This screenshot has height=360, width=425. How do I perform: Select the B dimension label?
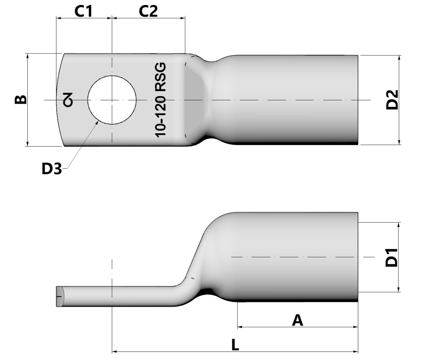coord(21,99)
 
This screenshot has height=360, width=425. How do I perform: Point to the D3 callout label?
coord(52,168)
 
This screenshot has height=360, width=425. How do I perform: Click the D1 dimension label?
coord(392,257)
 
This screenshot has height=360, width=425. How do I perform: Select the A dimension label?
coord(297,320)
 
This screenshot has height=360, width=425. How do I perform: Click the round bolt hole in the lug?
coord(112,100)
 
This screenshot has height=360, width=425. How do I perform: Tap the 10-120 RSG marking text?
coord(161,100)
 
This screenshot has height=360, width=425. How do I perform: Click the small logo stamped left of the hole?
coord(68,100)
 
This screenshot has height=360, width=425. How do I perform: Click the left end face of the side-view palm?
coord(60,297)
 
